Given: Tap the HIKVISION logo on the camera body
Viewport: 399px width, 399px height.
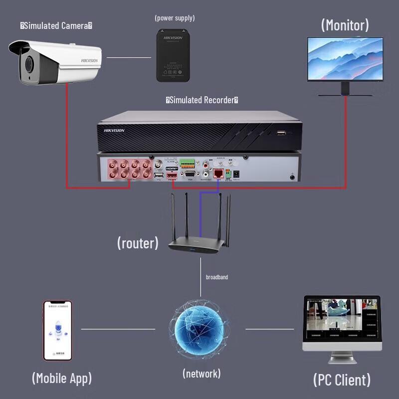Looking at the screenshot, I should point(90,60).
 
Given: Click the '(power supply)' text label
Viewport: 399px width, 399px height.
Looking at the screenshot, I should point(175,18).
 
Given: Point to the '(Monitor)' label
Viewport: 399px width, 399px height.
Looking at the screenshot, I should point(345,25).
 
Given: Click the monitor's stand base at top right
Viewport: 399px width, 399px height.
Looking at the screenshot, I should point(345,94).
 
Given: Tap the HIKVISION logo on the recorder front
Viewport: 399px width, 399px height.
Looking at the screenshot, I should point(114,131).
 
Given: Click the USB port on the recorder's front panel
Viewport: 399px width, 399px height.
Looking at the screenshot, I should point(281,133).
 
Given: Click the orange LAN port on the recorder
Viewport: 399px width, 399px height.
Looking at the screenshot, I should point(218,173).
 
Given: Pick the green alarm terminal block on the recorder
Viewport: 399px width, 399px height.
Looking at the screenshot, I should point(187,163).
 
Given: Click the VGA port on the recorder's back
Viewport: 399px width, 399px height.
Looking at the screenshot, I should point(190,174).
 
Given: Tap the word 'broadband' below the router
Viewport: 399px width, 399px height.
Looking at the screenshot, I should point(217,277).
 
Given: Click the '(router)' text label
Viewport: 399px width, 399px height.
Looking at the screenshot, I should point(138,243).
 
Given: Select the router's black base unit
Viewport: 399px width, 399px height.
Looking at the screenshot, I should point(195,246).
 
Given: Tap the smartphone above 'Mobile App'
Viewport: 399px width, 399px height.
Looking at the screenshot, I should point(57,330).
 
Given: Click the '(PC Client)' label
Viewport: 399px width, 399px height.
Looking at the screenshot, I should point(342,380).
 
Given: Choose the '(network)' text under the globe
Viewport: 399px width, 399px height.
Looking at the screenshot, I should point(201,373).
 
